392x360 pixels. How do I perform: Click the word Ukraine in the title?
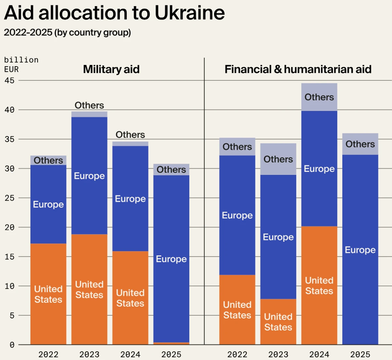(x=189, y=13)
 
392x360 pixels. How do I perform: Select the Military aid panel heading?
(x=111, y=69)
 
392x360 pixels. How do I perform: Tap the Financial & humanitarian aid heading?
(x=298, y=69)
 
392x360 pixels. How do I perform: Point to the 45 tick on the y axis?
(x=9, y=80)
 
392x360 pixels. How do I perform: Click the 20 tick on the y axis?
(x=9, y=227)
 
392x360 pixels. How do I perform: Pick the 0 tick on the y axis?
(x=12, y=345)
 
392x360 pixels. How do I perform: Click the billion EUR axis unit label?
(x=21, y=65)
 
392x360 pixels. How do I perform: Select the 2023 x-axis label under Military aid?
(x=89, y=354)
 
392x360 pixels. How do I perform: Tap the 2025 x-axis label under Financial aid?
(x=360, y=354)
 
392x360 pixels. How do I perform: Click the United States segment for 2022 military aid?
(x=48, y=294)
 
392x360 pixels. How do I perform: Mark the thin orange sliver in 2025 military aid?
(x=171, y=343)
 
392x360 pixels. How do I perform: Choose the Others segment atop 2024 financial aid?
(x=319, y=97)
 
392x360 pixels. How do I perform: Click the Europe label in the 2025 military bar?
(x=171, y=259)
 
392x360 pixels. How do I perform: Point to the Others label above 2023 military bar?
(x=89, y=105)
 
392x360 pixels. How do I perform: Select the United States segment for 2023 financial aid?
(x=278, y=322)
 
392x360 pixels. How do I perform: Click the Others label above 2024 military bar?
(x=130, y=135)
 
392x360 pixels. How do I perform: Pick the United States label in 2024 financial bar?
(x=319, y=286)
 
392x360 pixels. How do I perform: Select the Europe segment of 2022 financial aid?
(x=237, y=215)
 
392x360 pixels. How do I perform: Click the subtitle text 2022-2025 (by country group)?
(x=67, y=33)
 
